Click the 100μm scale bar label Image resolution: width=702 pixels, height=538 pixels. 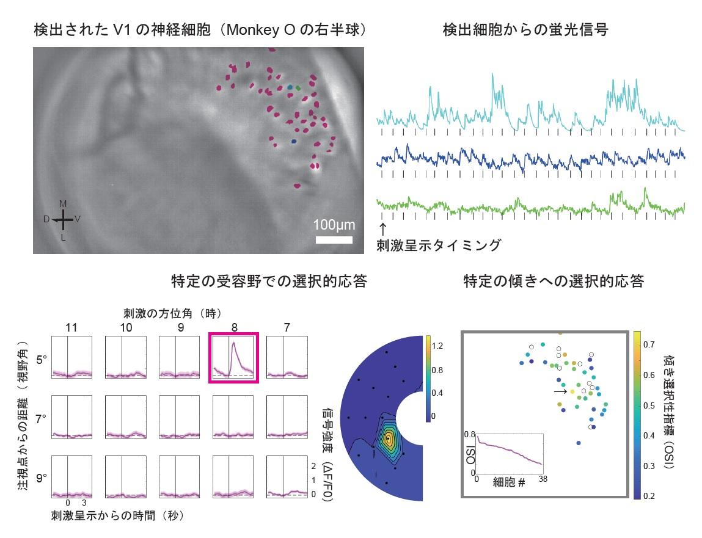pyautogui.click(x=334, y=224)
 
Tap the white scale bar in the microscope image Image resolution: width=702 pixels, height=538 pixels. pyautogui.click(x=334, y=239)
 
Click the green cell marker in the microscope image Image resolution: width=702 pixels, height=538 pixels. pyautogui.click(x=298, y=89)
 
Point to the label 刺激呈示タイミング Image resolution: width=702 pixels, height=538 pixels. pyautogui.click(x=439, y=245)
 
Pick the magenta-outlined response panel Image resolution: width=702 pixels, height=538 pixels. pyautogui.click(x=234, y=358)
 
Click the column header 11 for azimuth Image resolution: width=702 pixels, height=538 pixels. pyautogui.click(x=71, y=327)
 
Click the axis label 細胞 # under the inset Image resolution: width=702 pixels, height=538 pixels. pyautogui.click(x=509, y=482)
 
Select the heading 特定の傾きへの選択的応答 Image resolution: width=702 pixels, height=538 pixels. pyautogui.click(x=553, y=282)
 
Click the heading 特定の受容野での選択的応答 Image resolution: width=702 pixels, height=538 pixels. pyautogui.click(x=269, y=282)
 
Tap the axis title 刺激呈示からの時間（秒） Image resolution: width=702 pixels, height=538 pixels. pyautogui.click(x=118, y=515)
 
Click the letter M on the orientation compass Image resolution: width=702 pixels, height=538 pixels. pyautogui.click(x=63, y=203)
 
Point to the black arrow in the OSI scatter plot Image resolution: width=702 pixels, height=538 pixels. pyautogui.click(x=560, y=391)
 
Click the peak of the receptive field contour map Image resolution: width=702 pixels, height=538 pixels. pyautogui.click(x=387, y=438)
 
